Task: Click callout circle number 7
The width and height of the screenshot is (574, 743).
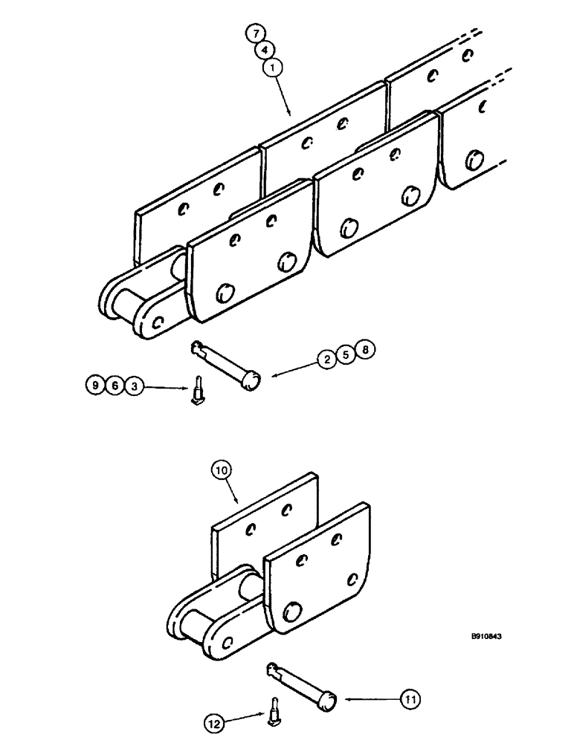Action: point(255,33)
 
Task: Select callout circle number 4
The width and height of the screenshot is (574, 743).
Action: point(263,50)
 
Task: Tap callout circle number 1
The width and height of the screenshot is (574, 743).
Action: point(272,68)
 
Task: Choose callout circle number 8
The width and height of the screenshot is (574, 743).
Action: point(364,351)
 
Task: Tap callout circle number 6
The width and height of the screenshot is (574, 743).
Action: point(114,386)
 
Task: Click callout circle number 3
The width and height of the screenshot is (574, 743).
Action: point(133,386)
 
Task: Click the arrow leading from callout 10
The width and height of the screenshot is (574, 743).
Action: point(233,492)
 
